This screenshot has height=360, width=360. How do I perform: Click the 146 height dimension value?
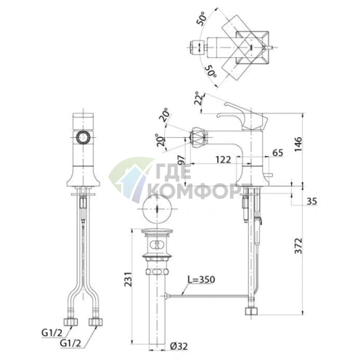click(298, 144)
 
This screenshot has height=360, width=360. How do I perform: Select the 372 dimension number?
click(299, 246)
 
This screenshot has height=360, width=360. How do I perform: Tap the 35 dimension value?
click(311, 201)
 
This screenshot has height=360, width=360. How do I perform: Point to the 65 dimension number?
click(278, 153)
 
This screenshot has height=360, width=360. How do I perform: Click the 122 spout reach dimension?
click(224, 160)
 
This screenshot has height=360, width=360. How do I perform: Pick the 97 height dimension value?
click(181, 160)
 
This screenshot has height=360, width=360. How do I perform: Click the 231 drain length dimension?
click(128, 279)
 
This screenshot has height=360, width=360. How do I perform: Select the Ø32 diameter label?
click(179, 346)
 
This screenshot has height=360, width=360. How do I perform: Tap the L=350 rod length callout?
click(201, 279)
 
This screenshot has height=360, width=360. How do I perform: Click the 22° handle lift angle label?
click(200, 98)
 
